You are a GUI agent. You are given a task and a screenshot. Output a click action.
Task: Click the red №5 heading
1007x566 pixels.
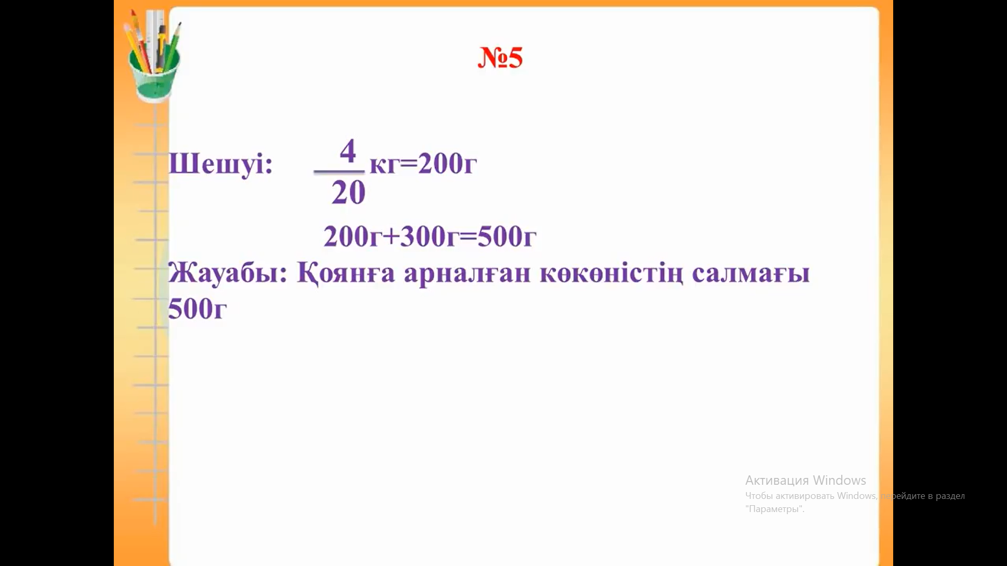[500, 57]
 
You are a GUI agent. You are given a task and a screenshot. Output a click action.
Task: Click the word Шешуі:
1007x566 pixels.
[221, 164]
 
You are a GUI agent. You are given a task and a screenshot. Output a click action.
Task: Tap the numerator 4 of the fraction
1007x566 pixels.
[348, 150]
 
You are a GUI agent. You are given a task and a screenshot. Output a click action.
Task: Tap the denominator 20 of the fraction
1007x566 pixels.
[348, 192]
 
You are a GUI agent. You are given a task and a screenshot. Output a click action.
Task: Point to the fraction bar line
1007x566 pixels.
[339, 171]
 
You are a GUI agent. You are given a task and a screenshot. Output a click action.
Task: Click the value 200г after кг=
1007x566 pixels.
[447, 163]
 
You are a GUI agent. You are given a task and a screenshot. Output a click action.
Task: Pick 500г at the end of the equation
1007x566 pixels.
[507, 236]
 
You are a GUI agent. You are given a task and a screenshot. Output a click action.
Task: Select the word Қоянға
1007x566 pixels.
[346, 274]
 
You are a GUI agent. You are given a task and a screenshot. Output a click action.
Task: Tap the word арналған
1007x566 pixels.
[467, 274]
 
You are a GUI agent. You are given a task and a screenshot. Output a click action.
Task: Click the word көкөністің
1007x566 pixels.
[612, 274]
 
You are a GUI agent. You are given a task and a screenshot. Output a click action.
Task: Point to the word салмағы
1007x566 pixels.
[751, 274]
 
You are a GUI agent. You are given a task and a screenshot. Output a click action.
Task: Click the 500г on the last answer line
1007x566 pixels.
[197, 308]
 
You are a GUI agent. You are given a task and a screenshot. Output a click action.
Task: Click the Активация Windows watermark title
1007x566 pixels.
[806, 480]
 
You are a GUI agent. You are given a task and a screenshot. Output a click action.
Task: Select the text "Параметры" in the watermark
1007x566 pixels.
[775, 509]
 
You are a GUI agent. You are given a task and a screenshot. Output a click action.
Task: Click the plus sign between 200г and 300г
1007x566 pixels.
[391, 236]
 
